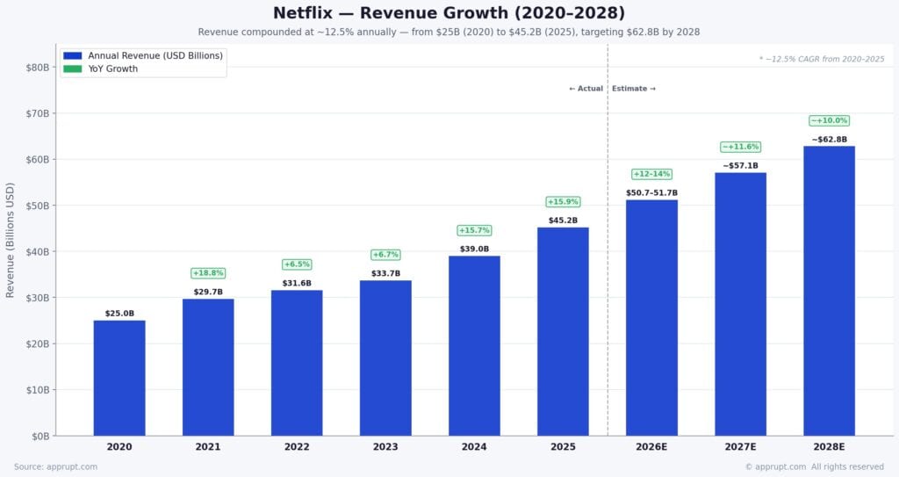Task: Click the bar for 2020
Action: tap(119, 378)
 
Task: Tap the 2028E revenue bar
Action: tap(829, 290)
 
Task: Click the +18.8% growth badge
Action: tap(208, 273)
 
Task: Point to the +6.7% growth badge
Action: tap(385, 255)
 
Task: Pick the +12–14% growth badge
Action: tap(651, 174)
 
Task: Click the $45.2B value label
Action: tap(563, 220)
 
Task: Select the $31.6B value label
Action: tap(297, 283)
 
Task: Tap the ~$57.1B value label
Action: tap(740, 166)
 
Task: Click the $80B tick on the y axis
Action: tap(37, 68)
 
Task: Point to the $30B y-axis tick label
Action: tap(37, 298)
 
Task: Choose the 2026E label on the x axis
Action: tap(651, 447)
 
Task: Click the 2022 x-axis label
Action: tap(297, 447)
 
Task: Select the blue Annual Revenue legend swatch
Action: tap(72, 55)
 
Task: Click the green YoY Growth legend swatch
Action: tap(72, 69)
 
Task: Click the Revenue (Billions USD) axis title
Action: tap(11, 240)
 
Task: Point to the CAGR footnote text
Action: tap(822, 59)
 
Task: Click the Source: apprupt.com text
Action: tap(55, 466)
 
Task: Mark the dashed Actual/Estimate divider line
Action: tap(608, 264)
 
